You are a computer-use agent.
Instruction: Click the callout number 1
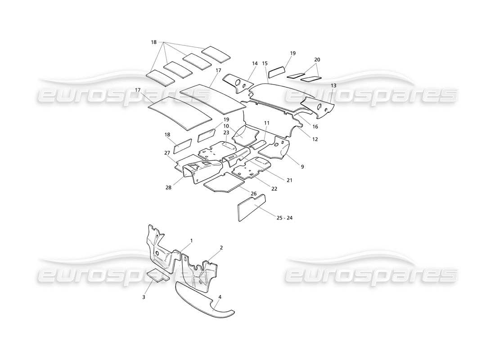(x=191, y=241)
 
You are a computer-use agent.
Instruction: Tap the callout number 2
(x=221, y=247)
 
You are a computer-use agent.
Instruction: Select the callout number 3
(x=144, y=297)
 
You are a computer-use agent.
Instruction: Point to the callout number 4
(x=220, y=297)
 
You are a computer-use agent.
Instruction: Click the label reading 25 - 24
(x=284, y=218)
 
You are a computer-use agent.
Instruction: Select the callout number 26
(x=253, y=193)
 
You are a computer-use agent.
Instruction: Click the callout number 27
(x=167, y=153)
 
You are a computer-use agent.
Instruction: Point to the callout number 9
(x=302, y=167)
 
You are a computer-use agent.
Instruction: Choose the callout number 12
(x=315, y=139)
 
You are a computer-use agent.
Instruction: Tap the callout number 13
(x=333, y=85)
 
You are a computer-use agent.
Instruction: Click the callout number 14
(x=255, y=63)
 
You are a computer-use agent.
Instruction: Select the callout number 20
(x=317, y=60)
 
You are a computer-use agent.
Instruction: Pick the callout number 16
(x=315, y=127)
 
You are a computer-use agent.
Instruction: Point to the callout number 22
(x=274, y=189)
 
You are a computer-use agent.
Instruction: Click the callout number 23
(x=226, y=133)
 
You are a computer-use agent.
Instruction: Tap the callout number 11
(x=267, y=123)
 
